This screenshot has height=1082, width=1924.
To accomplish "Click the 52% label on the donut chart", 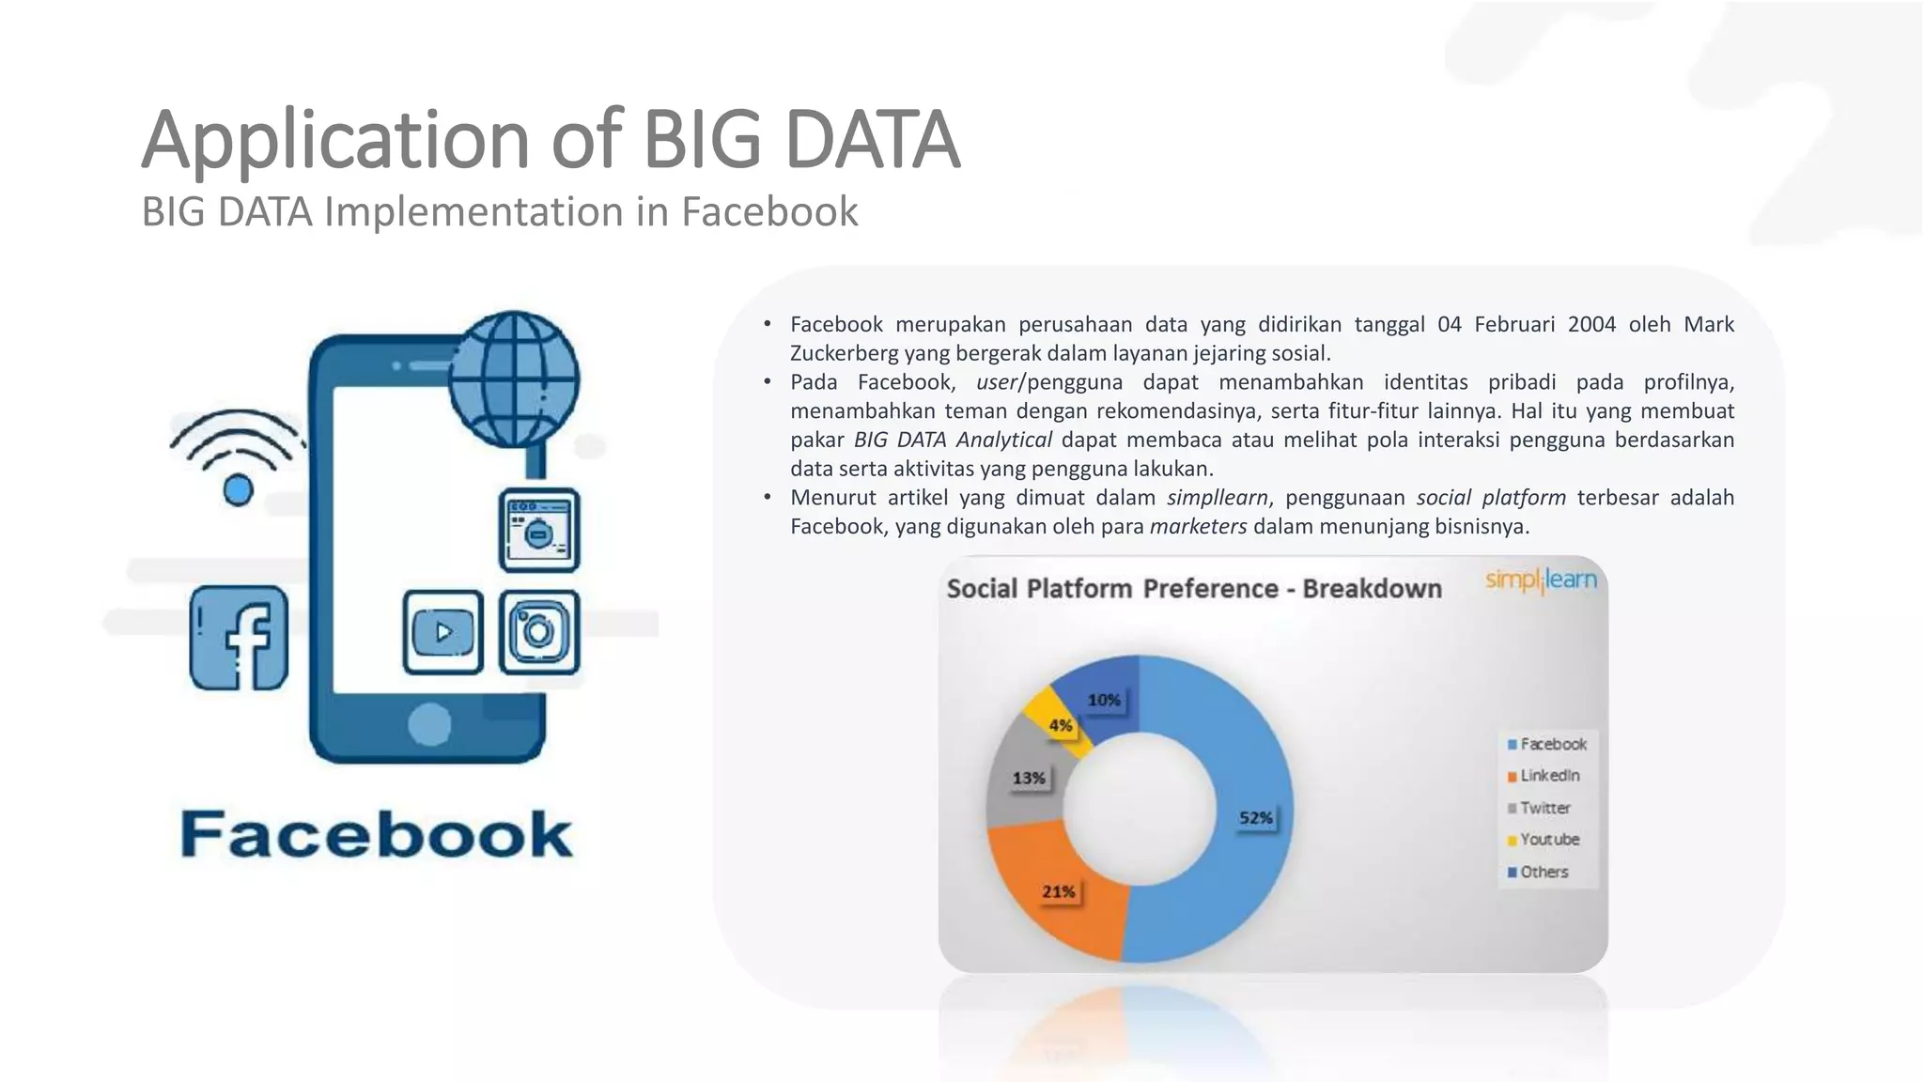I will [x=1255, y=818].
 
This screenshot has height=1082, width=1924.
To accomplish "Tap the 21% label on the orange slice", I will [x=1059, y=891].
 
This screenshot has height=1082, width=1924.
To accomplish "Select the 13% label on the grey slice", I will [x=1029, y=778].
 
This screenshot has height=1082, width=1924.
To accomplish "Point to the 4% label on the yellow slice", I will [x=1061, y=725].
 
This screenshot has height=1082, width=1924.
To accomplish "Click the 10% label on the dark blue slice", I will [x=1104, y=700].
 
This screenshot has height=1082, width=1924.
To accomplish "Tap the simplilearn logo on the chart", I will [x=1541, y=580].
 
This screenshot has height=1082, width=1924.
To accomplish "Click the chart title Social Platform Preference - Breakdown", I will [x=1194, y=589].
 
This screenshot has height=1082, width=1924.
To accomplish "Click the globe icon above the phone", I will [x=514, y=379].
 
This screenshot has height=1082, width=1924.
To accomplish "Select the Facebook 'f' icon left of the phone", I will [x=240, y=638].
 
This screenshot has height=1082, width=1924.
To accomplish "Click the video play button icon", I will [x=443, y=632].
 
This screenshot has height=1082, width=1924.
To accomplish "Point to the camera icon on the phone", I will [x=539, y=632].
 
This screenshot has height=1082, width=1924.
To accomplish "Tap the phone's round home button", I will [x=429, y=724].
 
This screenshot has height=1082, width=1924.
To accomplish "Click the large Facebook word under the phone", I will [x=376, y=834].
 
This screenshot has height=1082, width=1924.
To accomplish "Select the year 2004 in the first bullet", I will [x=1591, y=325].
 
